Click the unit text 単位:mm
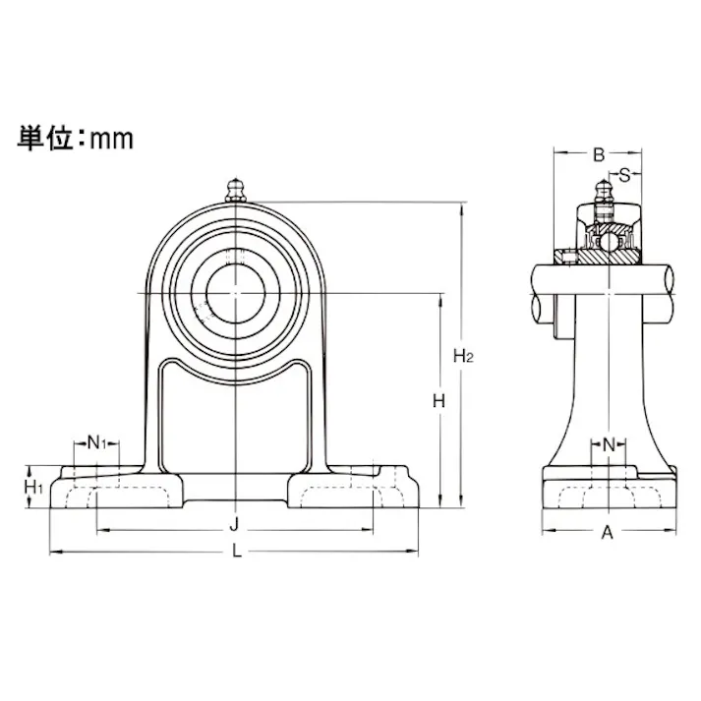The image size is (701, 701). [x=75, y=138]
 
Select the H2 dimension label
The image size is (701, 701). [x=463, y=356]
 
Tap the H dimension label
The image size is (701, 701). [x=438, y=401]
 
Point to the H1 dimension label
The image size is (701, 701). [x=32, y=486]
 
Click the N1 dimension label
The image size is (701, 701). [x=96, y=442]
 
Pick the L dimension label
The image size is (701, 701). [x=236, y=552]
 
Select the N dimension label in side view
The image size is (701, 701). [x=609, y=444]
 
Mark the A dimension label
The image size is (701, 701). [x=608, y=533]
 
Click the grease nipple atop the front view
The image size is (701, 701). [x=235, y=189]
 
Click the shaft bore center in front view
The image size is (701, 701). [x=235, y=291]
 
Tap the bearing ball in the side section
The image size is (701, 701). [x=609, y=239]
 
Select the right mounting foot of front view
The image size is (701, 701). [x=354, y=488]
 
